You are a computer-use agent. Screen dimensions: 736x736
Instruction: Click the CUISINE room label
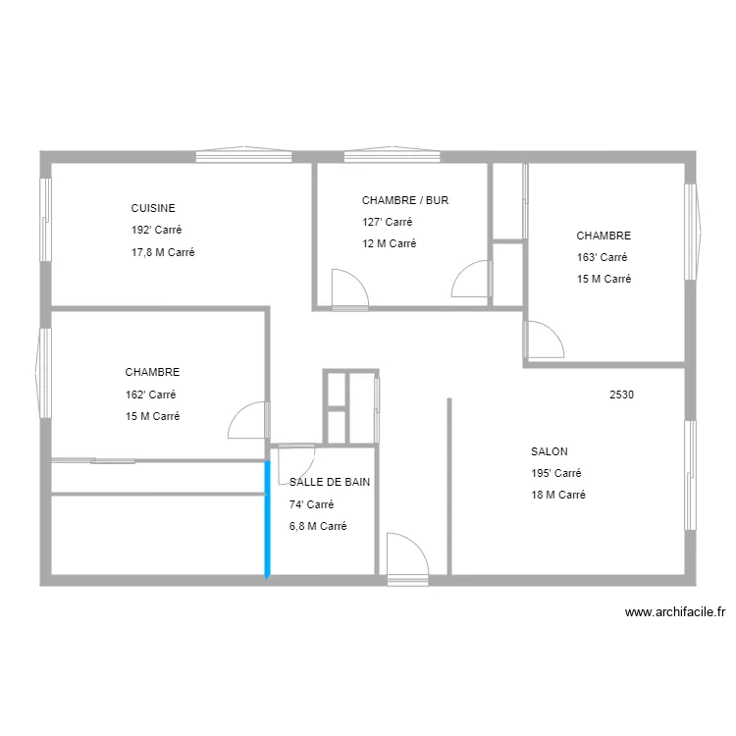[153, 208]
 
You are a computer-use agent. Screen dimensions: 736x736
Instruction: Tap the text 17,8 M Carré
[163, 252]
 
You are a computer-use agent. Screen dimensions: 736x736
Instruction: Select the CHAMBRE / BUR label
[405, 200]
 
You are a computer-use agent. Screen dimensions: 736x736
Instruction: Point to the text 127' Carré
[388, 222]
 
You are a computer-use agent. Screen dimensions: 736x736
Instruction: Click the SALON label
[550, 451]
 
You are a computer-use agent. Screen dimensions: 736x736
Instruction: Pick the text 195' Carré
[556, 473]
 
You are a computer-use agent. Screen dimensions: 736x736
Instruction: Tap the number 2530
[621, 394]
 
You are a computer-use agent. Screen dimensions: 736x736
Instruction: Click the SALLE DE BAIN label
[330, 482]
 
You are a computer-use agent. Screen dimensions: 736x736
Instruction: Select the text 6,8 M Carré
[318, 526]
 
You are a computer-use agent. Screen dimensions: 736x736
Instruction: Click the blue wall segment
[267, 519]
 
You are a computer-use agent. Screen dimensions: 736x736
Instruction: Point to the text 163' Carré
[603, 257]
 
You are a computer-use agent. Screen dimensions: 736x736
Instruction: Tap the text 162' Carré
[151, 394]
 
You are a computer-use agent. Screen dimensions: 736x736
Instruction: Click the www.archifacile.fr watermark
[675, 612]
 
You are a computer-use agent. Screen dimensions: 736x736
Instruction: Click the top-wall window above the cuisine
[243, 155]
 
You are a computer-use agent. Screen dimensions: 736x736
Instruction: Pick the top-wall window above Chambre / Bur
[392, 155]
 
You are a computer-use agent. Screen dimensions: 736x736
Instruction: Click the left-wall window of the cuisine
[45, 220]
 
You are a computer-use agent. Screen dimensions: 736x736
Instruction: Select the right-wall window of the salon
[690, 475]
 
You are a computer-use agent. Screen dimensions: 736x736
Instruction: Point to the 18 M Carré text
[558, 495]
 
